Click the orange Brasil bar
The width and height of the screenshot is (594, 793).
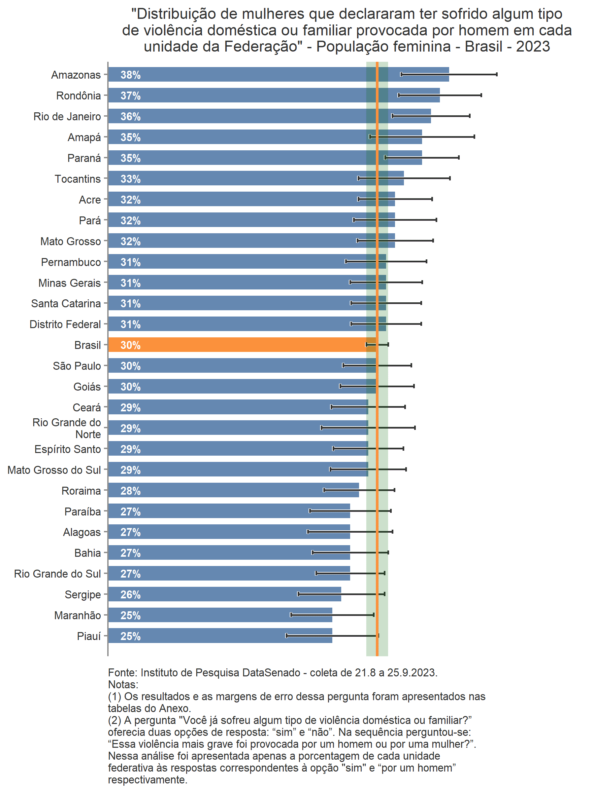click(x=236, y=345)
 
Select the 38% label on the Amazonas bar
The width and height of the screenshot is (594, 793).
click(x=130, y=75)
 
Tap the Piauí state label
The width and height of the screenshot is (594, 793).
click(x=89, y=636)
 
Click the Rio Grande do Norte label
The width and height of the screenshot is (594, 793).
click(x=67, y=428)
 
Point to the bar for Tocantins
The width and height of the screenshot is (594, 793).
click(x=250, y=178)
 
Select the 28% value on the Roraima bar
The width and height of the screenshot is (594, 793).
click(x=130, y=491)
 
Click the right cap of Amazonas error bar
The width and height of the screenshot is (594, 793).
click(x=497, y=74)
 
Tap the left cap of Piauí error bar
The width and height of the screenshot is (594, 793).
click(x=286, y=636)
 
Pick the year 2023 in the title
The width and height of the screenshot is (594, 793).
click(x=533, y=47)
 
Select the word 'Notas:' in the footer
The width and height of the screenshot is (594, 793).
click(x=123, y=685)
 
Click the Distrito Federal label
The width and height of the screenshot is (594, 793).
click(x=65, y=324)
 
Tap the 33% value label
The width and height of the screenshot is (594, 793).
click(x=130, y=179)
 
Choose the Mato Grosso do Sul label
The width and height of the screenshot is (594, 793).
click(x=54, y=470)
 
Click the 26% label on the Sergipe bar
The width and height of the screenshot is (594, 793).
click(x=130, y=595)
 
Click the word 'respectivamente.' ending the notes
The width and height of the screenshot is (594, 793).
click(x=148, y=780)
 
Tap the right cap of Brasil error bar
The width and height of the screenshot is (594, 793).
click(x=388, y=345)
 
